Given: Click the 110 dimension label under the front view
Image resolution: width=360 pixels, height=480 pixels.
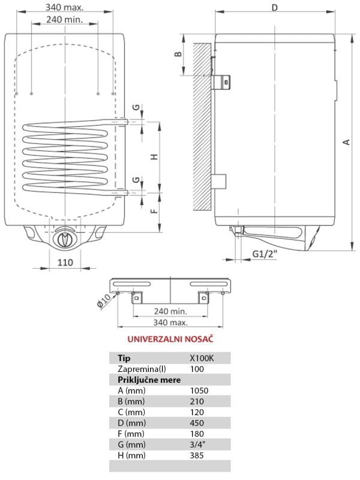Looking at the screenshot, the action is (x=65, y=262).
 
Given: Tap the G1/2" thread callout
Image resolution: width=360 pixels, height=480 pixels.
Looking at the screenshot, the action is (x=265, y=254).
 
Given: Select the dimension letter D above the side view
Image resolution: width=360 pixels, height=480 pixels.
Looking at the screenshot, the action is (x=275, y=7).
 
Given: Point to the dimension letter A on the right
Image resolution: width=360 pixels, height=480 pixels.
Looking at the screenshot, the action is (x=346, y=142).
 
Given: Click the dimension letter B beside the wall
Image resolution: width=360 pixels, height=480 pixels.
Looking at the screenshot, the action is (x=178, y=54).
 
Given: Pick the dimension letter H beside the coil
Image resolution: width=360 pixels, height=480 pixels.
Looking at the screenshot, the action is (x=155, y=157).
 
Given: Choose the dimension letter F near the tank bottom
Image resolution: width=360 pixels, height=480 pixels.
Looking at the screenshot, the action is (x=155, y=211).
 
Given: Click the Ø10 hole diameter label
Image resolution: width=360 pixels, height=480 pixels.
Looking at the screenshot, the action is (x=103, y=302).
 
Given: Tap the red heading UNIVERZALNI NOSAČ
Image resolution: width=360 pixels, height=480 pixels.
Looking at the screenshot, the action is (x=170, y=339).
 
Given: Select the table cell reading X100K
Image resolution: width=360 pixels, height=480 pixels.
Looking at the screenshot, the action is (x=202, y=358).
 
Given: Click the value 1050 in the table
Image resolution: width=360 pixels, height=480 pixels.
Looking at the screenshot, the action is (x=199, y=391).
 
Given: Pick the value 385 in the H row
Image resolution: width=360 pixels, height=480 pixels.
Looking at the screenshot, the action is (x=197, y=455).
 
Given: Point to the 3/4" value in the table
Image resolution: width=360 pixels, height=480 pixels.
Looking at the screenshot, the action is (x=197, y=445).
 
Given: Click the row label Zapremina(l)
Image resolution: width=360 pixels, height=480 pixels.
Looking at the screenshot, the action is (x=142, y=369).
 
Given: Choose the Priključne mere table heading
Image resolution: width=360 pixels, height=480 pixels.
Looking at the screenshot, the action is (x=149, y=380).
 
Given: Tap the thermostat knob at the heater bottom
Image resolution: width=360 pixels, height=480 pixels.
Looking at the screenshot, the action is (x=65, y=237).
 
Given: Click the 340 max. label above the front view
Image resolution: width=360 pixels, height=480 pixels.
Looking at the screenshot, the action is (x=64, y=7).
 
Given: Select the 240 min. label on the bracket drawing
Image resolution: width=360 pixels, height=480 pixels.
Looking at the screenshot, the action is (x=170, y=311).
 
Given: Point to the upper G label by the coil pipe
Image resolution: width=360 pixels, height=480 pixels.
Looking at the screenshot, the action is (x=136, y=107).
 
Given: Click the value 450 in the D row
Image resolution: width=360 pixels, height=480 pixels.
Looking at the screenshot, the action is (x=197, y=423).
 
